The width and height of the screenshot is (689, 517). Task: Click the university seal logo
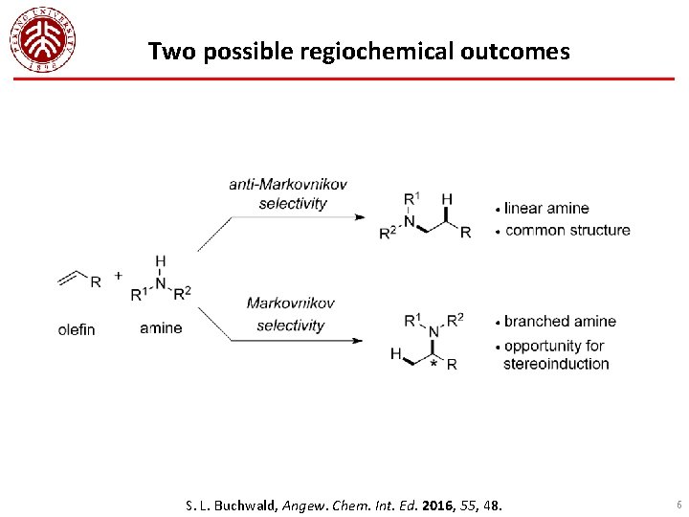tap(43, 39)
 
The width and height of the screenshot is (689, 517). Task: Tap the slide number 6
tap(678, 504)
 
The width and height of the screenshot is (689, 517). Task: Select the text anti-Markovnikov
tap(288, 184)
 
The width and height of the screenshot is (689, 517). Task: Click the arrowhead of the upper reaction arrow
tap(360, 217)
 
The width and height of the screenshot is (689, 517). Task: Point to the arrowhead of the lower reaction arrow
tap(360, 340)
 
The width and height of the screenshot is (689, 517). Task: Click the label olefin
tap(77, 329)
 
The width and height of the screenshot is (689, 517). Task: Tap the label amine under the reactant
tap(160, 328)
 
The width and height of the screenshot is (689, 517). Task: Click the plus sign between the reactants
tap(119, 276)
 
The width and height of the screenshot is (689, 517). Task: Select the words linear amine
tap(546, 209)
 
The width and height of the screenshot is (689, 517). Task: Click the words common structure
tap(567, 230)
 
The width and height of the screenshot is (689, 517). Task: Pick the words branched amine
tap(560, 321)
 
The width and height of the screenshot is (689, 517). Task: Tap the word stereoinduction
tap(556, 364)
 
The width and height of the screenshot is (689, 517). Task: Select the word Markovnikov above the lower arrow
tap(291, 303)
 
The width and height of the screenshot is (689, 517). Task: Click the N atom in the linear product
tap(410, 222)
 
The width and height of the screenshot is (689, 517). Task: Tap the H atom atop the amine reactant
tap(160, 260)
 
